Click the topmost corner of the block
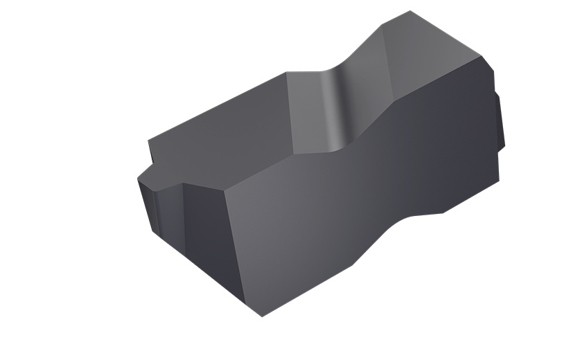pos(410,11)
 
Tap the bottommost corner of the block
pos(263,316)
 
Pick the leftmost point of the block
pos(138,179)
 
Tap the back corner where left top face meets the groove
pos(286,73)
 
